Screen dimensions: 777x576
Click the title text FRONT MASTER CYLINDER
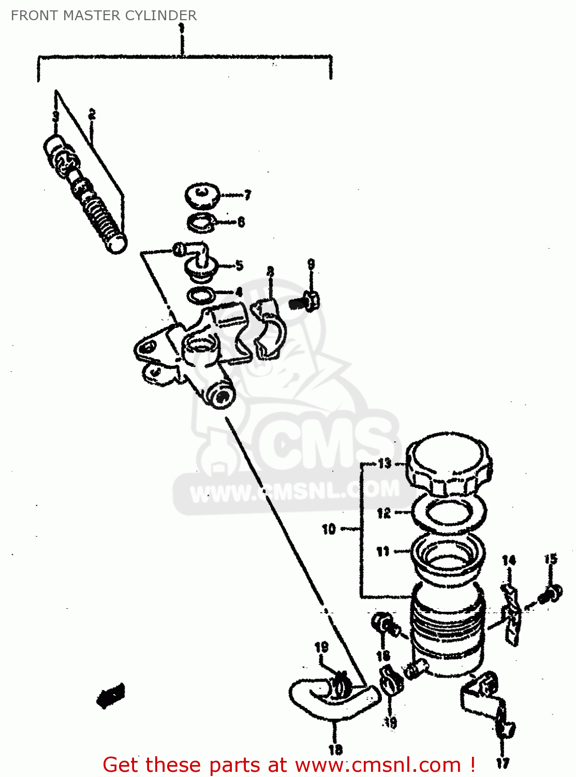pyautogui.click(x=104, y=16)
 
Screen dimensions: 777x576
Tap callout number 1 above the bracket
pyautogui.click(x=181, y=28)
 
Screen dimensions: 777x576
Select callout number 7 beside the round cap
pyautogui.click(x=247, y=195)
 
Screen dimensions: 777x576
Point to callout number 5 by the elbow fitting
pyautogui.click(x=239, y=266)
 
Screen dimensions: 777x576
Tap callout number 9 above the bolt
pyautogui.click(x=311, y=264)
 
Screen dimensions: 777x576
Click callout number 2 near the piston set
pyautogui.click(x=92, y=114)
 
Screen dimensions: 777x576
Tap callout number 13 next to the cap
pyautogui.click(x=385, y=463)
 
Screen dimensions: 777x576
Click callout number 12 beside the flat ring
pyautogui.click(x=383, y=513)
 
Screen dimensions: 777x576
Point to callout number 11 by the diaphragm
pyautogui.click(x=382, y=551)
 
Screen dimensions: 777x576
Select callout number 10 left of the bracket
pyautogui.click(x=329, y=529)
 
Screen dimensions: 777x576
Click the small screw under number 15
pyautogui.click(x=551, y=594)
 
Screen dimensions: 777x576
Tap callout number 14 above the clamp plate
pyautogui.click(x=509, y=560)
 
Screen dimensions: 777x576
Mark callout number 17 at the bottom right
pyautogui.click(x=503, y=762)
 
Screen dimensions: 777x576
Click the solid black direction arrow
pyautogui.click(x=110, y=695)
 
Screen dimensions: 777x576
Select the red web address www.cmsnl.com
pyautogui.click(x=377, y=765)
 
